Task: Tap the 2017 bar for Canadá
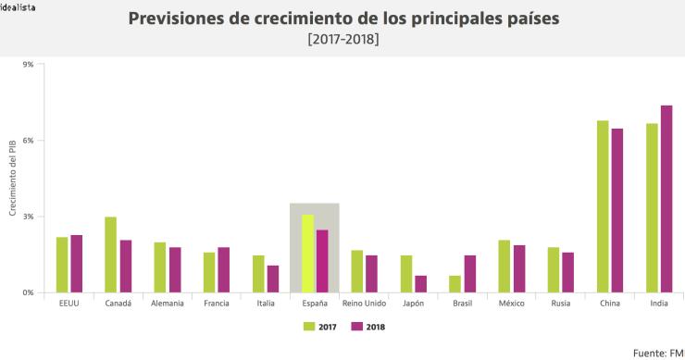coord(111,254)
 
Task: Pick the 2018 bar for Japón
coord(421,284)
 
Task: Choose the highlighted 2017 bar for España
coord(307,254)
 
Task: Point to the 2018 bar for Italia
coord(273,279)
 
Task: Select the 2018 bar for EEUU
coord(77,264)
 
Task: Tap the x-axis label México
coord(512,304)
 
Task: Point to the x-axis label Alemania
coord(168,304)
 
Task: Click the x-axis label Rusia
coord(561,304)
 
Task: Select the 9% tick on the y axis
coord(28,65)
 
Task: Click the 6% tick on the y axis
coord(28,141)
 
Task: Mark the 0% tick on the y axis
coord(28,292)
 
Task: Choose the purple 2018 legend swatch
coord(355,326)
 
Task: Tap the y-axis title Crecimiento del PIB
coord(13,179)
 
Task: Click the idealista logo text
coord(20,6)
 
